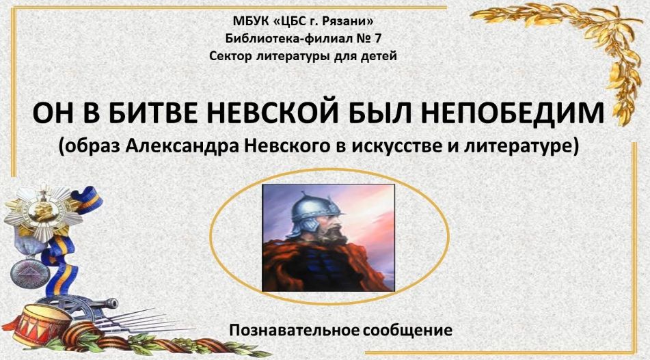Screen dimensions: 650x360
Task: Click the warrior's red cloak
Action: click(x=327, y=265)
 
